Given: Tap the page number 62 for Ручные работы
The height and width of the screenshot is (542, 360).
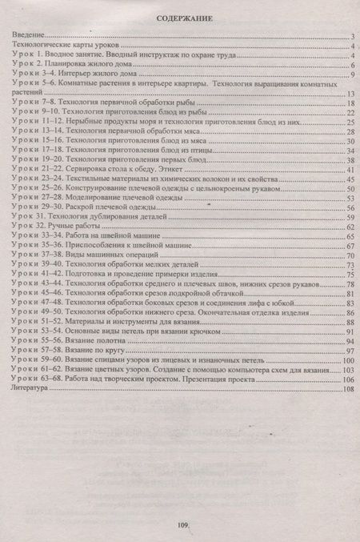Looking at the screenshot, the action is (350, 228).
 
